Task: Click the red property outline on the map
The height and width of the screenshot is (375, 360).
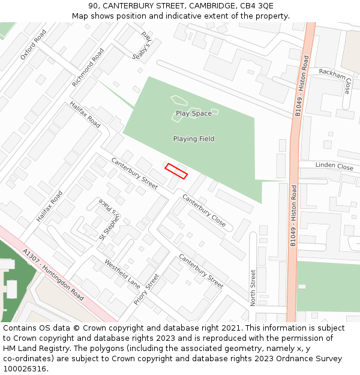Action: (176, 171)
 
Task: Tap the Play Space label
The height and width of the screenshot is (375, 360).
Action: (193, 113)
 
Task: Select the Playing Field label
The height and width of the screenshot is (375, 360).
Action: (193, 139)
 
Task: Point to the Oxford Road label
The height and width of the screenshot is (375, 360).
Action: (33, 45)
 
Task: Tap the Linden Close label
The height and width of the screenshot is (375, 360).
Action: (334, 166)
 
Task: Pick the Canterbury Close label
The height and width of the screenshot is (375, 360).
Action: (204, 210)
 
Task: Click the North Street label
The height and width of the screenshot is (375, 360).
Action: (253, 287)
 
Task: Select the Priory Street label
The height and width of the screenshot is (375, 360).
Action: (147, 289)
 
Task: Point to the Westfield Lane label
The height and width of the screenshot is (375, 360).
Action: (122, 273)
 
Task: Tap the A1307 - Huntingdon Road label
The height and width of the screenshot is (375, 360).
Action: (53, 275)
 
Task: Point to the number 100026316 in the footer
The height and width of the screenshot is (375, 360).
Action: (25, 368)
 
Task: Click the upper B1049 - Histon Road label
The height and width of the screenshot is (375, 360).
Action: (302, 86)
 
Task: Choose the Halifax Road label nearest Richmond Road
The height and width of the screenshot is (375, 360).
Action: (85, 114)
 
